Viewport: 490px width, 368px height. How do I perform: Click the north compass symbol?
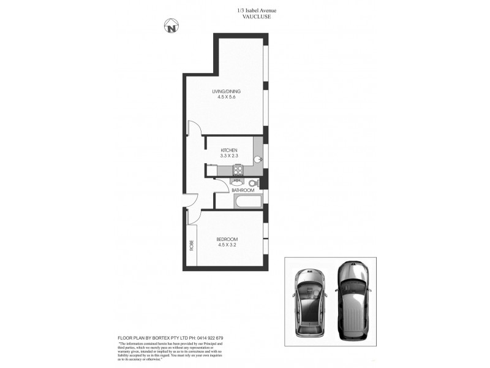[172, 27]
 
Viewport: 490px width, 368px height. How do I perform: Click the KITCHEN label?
[228, 150]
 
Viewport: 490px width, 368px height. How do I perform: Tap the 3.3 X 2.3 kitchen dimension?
[228, 156]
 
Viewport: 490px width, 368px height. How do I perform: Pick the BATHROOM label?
[243, 191]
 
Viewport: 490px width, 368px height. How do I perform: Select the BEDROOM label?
[227, 239]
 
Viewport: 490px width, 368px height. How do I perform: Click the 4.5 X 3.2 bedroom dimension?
[227, 245]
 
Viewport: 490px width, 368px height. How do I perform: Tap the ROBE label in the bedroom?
[191, 246]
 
